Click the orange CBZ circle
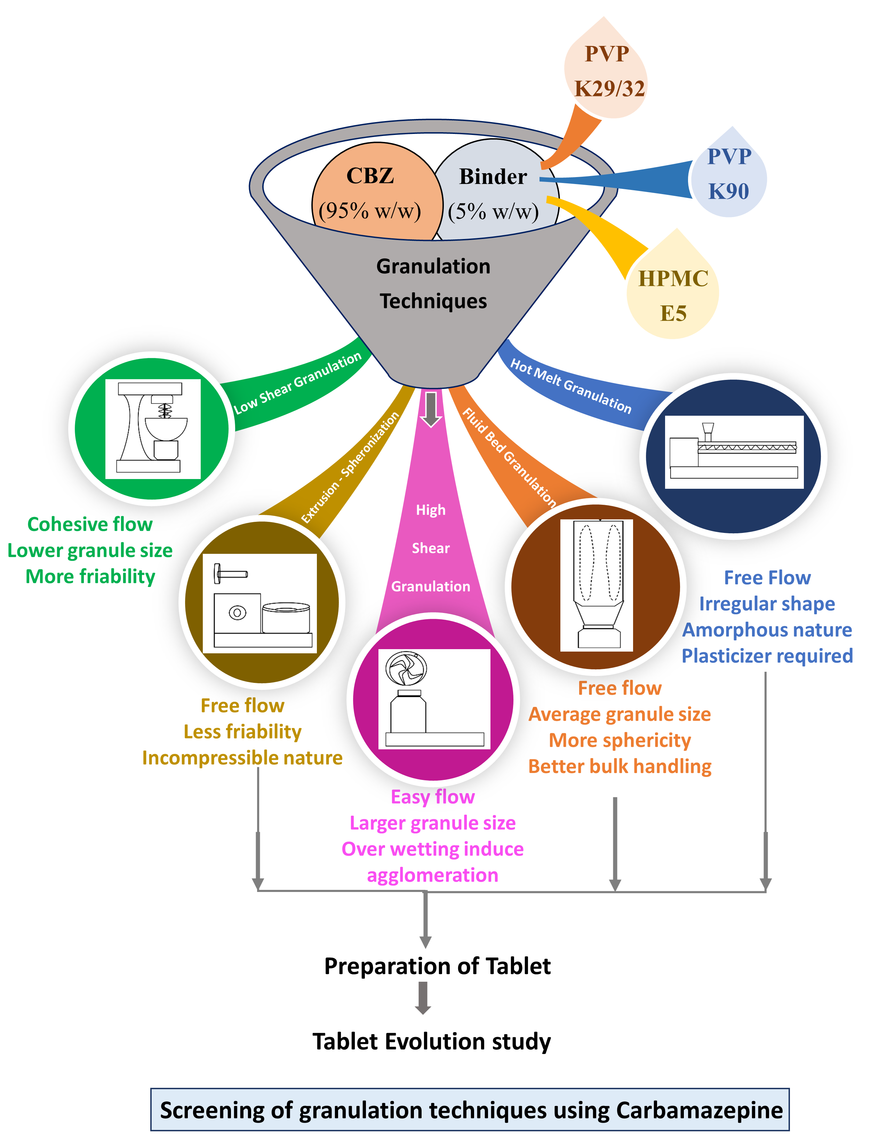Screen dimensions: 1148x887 click(x=370, y=192)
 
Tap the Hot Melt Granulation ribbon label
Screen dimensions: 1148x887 click(x=571, y=386)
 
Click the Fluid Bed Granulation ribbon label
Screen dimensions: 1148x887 click(x=509, y=457)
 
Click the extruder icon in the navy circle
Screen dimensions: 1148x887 click(x=734, y=452)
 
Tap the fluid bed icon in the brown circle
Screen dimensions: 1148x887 click(x=597, y=585)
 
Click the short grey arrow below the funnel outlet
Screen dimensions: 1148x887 click(x=431, y=409)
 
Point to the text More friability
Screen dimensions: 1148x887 click(x=90, y=577)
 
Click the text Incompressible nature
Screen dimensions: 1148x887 click(x=242, y=758)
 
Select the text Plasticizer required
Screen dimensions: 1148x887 click(x=767, y=656)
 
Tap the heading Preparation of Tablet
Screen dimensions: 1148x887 click(x=437, y=966)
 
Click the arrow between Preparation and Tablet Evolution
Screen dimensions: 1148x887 click(x=423, y=998)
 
